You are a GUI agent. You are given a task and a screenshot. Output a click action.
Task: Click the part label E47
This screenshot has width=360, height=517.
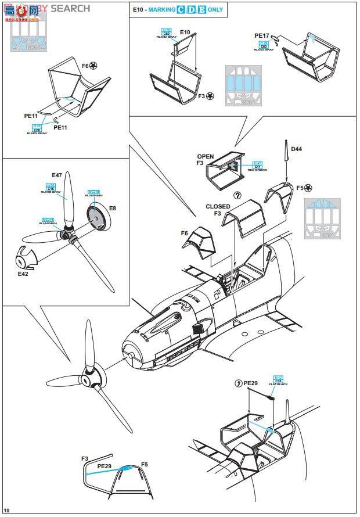coord(57,175)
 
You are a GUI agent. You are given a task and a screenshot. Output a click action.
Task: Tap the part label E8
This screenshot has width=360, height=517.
coord(112,207)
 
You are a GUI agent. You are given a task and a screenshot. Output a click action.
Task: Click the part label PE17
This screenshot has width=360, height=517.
coord(262,35)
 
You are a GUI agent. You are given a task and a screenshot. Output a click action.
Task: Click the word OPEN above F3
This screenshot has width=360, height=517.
coord(205,157)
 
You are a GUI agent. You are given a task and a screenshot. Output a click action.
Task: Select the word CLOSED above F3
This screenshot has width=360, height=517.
coord(218,207)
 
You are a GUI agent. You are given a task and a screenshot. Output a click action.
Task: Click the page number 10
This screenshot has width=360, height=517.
coord(6,510)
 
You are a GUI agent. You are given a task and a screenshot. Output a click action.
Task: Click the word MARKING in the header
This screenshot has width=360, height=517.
coord(160,9)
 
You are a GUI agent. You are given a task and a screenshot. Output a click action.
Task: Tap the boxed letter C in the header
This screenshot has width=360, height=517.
coord(181,9)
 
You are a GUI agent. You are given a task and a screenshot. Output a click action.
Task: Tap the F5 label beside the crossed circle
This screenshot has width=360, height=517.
coord(300,188)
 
